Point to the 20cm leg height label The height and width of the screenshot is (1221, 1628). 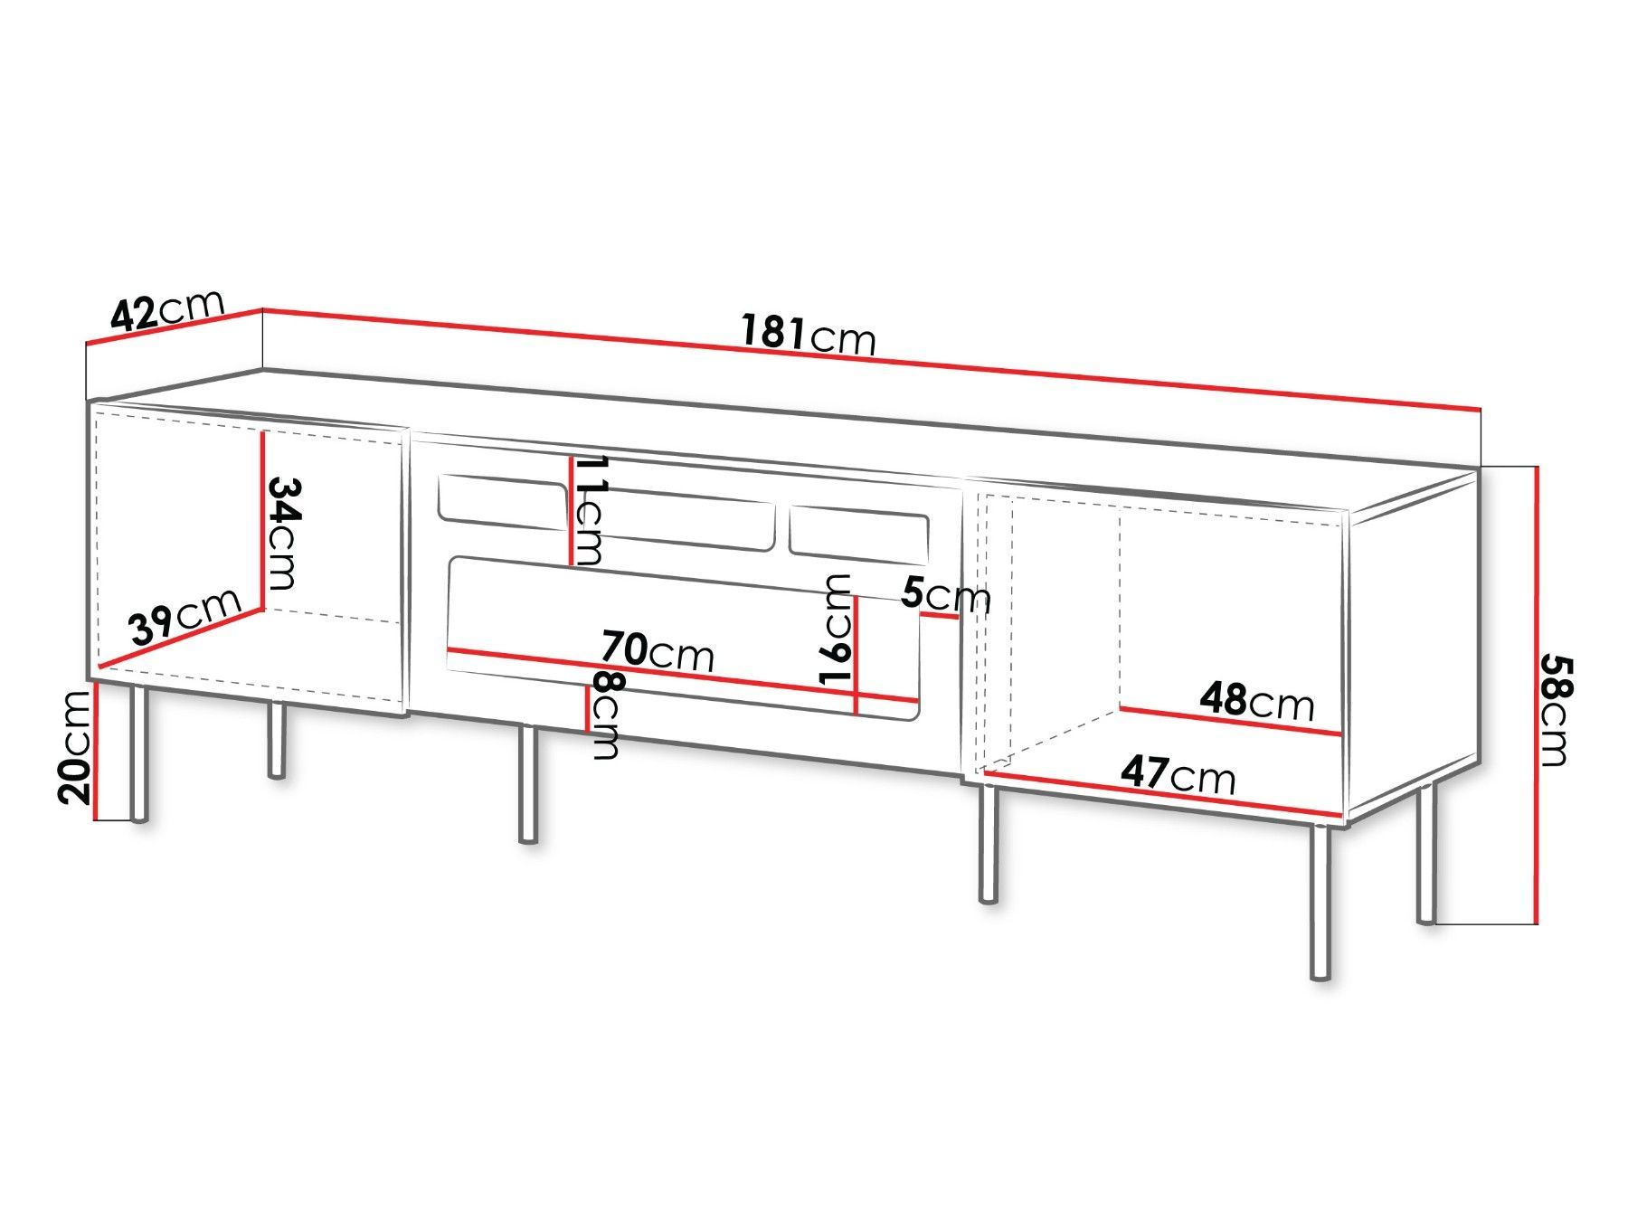(76, 745)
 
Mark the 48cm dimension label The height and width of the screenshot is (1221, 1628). (1257, 701)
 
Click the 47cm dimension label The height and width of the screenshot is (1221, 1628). (1178, 774)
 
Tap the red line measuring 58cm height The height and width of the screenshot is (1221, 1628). (1536, 695)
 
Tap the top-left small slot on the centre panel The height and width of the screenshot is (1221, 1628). (503, 499)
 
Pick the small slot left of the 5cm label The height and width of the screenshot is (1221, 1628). (858, 533)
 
